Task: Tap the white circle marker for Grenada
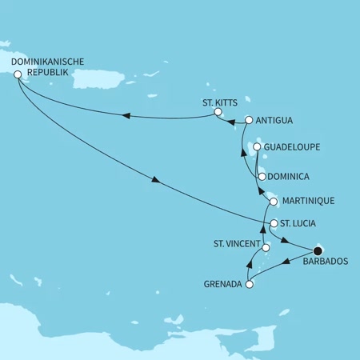click(x=250, y=284)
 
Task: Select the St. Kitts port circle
click(x=216, y=114)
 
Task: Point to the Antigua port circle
click(x=249, y=121)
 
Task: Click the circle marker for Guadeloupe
click(x=257, y=147)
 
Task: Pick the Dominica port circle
click(x=262, y=176)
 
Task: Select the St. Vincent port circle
click(x=266, y=248)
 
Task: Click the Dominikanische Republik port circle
click(x=16, y=74)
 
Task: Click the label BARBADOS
click(x=326, y=270)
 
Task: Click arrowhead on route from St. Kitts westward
click(x=126, y=117)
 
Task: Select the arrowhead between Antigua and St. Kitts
click(x=231, y=122)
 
